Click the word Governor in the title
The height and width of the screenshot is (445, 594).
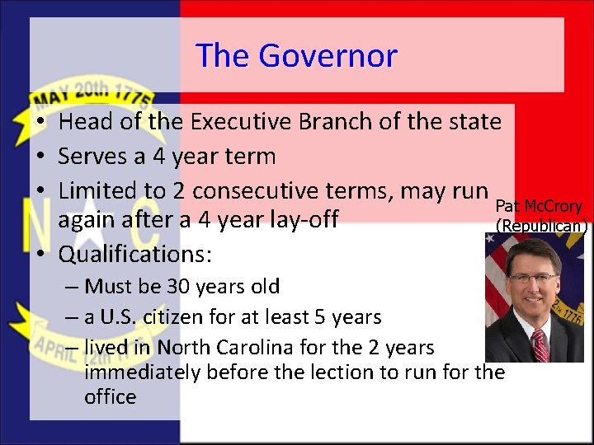tap(328, 56)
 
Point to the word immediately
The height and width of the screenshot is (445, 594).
tap(142, 372)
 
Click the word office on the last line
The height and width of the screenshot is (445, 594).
tap(110, 397)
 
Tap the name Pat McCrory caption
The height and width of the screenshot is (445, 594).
tap(539, 206)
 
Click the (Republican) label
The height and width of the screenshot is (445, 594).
tap(541, 226)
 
